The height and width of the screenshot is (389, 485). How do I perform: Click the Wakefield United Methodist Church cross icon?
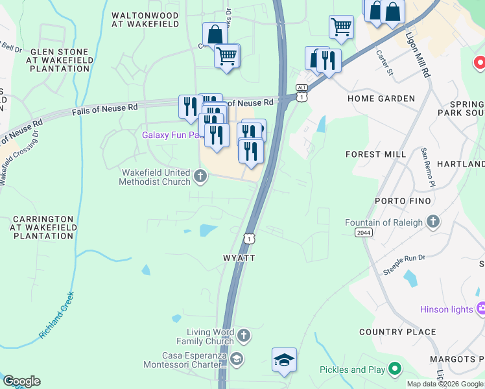coord(200,175)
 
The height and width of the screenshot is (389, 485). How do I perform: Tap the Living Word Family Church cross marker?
coord(243,335)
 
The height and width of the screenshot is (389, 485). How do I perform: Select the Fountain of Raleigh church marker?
coord(434,222)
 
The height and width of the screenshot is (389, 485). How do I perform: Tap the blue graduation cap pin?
coord(284,360)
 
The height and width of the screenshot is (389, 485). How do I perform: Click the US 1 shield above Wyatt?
coord(250,239)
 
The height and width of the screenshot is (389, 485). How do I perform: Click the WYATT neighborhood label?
coord(239,257)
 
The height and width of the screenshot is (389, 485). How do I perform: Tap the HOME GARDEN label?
coord(381,99)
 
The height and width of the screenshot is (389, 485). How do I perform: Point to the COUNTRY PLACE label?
coord(397,332)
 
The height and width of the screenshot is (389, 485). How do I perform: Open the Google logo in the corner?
coord(21,381)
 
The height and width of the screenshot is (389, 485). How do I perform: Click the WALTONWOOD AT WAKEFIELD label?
coord(145,19)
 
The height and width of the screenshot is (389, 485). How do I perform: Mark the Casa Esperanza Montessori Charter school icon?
coord(237,359)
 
